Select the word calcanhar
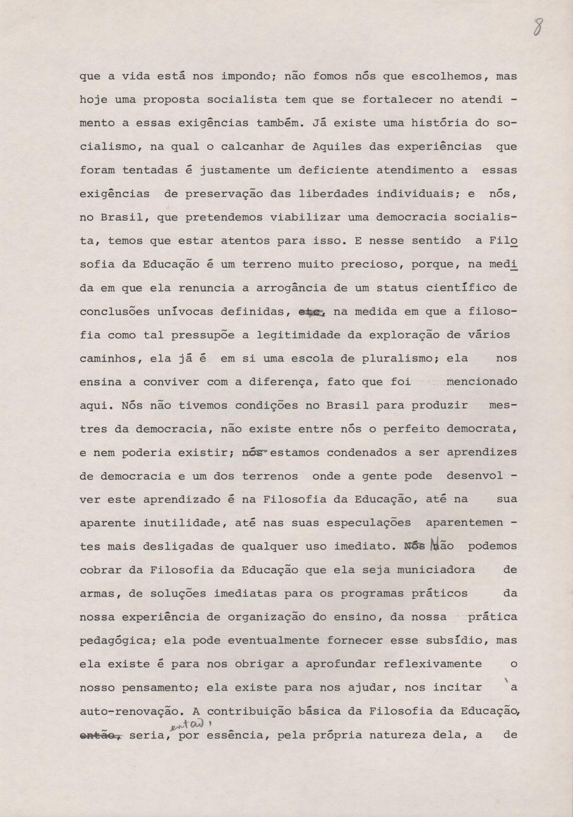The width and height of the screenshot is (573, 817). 249,147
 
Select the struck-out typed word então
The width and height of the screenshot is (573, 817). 100,735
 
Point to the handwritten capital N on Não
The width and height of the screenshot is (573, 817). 434,545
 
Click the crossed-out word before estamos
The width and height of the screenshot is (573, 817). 255,453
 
